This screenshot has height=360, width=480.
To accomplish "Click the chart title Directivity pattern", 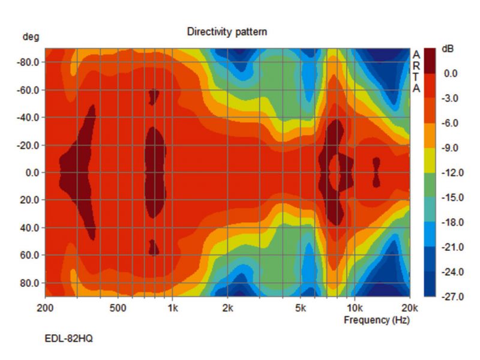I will click(227, 32).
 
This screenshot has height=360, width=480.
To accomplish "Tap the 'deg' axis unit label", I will click(31, 37).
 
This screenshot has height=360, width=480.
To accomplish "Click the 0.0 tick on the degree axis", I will click(31, 173).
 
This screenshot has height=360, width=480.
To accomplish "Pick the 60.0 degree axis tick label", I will click(29, 255).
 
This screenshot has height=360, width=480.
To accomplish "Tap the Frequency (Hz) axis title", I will click(376, 320).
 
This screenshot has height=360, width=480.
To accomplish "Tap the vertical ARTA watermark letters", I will click(416, 71).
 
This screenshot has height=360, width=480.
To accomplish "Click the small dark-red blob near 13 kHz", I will click(376, 172).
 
